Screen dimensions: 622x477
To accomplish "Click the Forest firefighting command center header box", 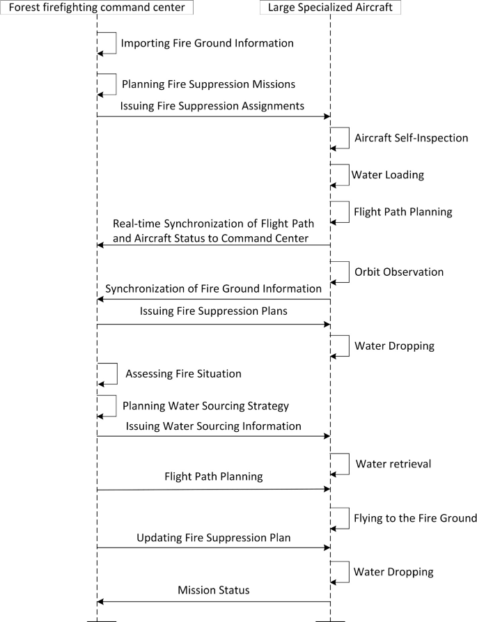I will coord(97,8).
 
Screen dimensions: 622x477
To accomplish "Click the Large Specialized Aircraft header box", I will coord(330,8).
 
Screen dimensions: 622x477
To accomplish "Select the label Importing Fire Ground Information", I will coord(207,43).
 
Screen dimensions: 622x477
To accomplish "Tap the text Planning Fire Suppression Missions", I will coord(208,84).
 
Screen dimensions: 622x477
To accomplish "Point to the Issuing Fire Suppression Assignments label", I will coord(212,107).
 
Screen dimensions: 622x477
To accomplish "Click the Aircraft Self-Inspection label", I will coord(411,138).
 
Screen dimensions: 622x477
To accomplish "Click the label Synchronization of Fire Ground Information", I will coord(213,288).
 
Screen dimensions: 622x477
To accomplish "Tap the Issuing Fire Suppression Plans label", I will coord(212,312).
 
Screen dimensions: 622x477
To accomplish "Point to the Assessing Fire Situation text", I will coord(183,374).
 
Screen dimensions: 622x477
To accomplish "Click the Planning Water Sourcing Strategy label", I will coord(205,405).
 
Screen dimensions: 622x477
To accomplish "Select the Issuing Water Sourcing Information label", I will coord(213,426).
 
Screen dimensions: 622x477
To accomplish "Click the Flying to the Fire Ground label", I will coord(415,518).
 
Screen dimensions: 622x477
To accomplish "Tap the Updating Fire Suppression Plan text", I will coord(213,538).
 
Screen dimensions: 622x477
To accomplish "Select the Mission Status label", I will coord(213,591).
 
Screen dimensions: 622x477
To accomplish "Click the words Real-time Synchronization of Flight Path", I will coord(214,224).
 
